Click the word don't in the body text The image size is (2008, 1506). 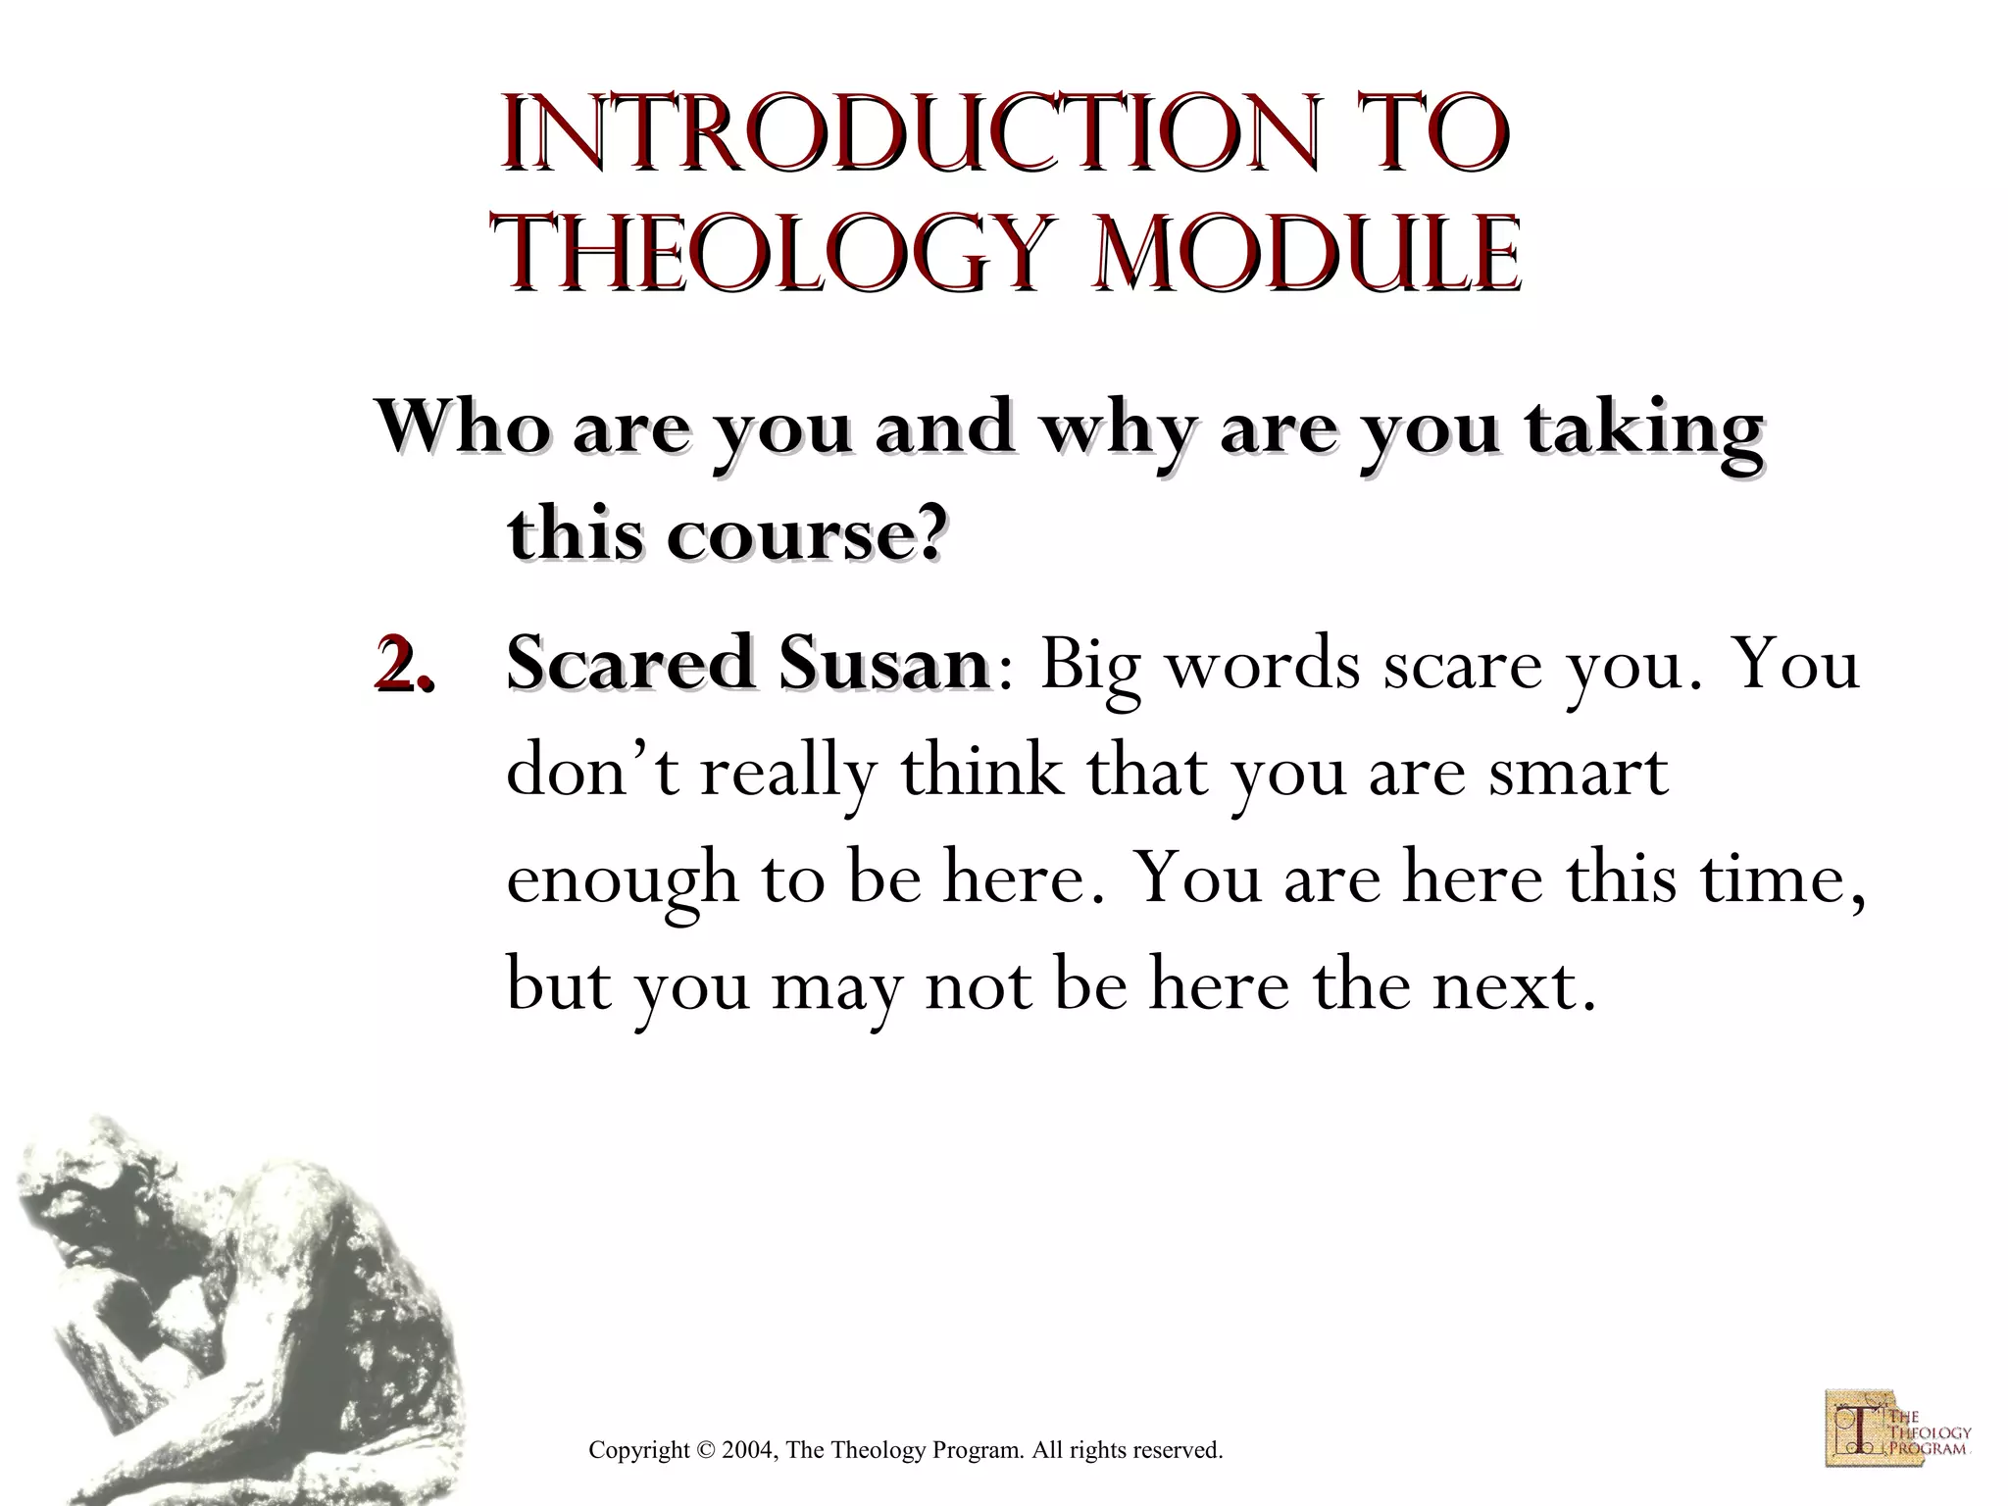point(593,772)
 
